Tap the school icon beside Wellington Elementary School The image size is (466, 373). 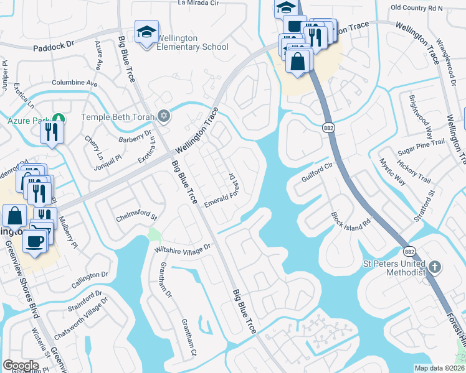tap(146, 32)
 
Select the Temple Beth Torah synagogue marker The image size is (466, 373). tap(164, 116)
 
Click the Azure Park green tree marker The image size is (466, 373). tap(58, 117)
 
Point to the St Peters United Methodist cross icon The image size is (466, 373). tap(435, 268)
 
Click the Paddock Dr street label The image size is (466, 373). tap(53, 45)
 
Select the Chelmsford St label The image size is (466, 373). tap(136, 219)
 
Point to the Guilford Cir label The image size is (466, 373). tap(317, 167)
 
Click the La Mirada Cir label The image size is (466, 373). tap(199, 3)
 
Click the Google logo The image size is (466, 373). tap(21, 366)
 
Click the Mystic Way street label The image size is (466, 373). tap(392, 172)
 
